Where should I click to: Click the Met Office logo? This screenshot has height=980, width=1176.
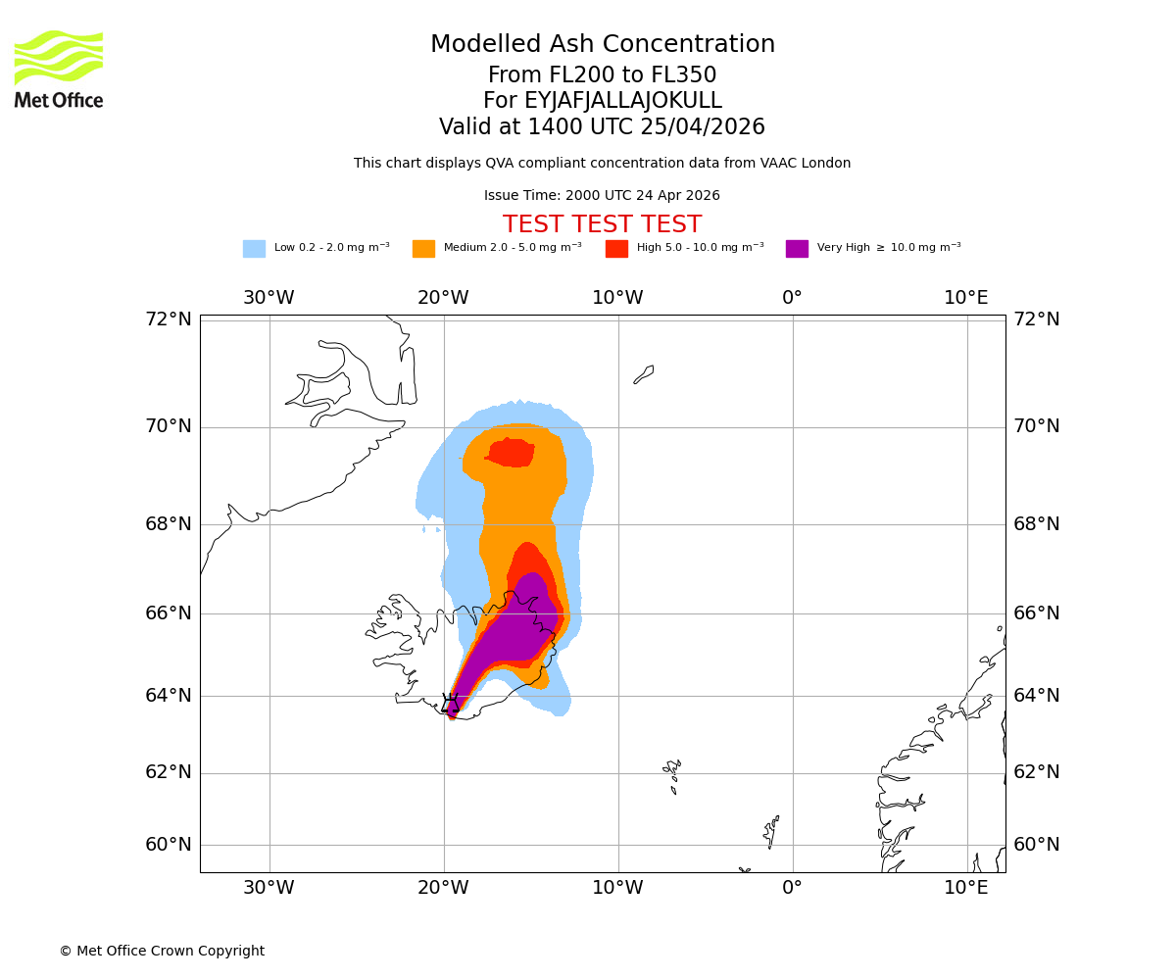tap(59, 70)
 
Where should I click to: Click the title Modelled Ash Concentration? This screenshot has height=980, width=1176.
tap(602, 45)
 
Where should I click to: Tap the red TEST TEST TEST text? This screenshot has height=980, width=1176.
tap(602, 225)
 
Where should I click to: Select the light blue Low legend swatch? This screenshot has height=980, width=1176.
tap(254, 249)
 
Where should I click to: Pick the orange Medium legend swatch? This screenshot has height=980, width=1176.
tap(423, 249)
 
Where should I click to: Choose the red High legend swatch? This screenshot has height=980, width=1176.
tap(616, 249)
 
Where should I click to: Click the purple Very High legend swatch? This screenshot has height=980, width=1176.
tap(797, 249)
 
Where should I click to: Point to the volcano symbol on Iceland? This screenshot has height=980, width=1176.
tap(451, 703)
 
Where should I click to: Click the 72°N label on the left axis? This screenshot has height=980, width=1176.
tap(169, 319)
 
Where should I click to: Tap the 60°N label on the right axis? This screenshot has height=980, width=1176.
tap(1036, 845)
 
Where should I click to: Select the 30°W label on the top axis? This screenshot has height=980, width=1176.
tap(269, 298)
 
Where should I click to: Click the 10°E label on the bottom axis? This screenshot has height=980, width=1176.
tap(965, 888)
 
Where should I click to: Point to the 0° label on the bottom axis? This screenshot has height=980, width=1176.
tap(792, 888)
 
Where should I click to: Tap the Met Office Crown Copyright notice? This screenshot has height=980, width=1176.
tap(162, 952)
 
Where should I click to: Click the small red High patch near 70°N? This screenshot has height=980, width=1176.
tap(511, 453)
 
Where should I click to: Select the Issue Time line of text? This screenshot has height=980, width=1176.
tap(602, 196)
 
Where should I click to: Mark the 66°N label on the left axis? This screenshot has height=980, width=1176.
tap(169, 613)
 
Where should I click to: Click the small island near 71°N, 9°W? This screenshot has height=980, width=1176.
tap(644, 374)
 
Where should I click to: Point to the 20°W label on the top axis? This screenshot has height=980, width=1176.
tap(443, 298)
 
